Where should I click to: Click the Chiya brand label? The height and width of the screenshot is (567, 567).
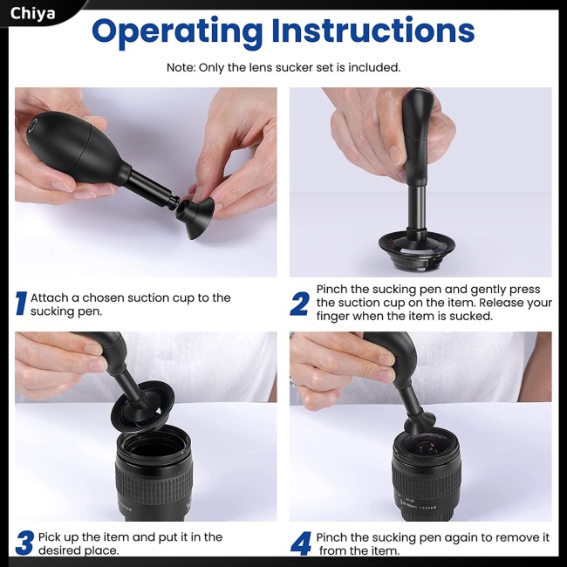[32, 14]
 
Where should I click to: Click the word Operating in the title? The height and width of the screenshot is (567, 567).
[177, 31]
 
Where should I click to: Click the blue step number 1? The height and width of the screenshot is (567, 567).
[21, 304]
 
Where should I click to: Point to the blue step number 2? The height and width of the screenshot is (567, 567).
[299, 304]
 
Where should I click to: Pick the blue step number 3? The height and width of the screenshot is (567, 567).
[25, 543]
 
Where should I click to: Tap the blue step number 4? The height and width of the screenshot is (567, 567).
[300, 543]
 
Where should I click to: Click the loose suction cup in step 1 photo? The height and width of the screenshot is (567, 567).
[195, 218]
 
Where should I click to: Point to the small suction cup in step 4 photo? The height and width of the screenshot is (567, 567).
[420, 423]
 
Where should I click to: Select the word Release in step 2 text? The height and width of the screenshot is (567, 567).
[501, 303]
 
